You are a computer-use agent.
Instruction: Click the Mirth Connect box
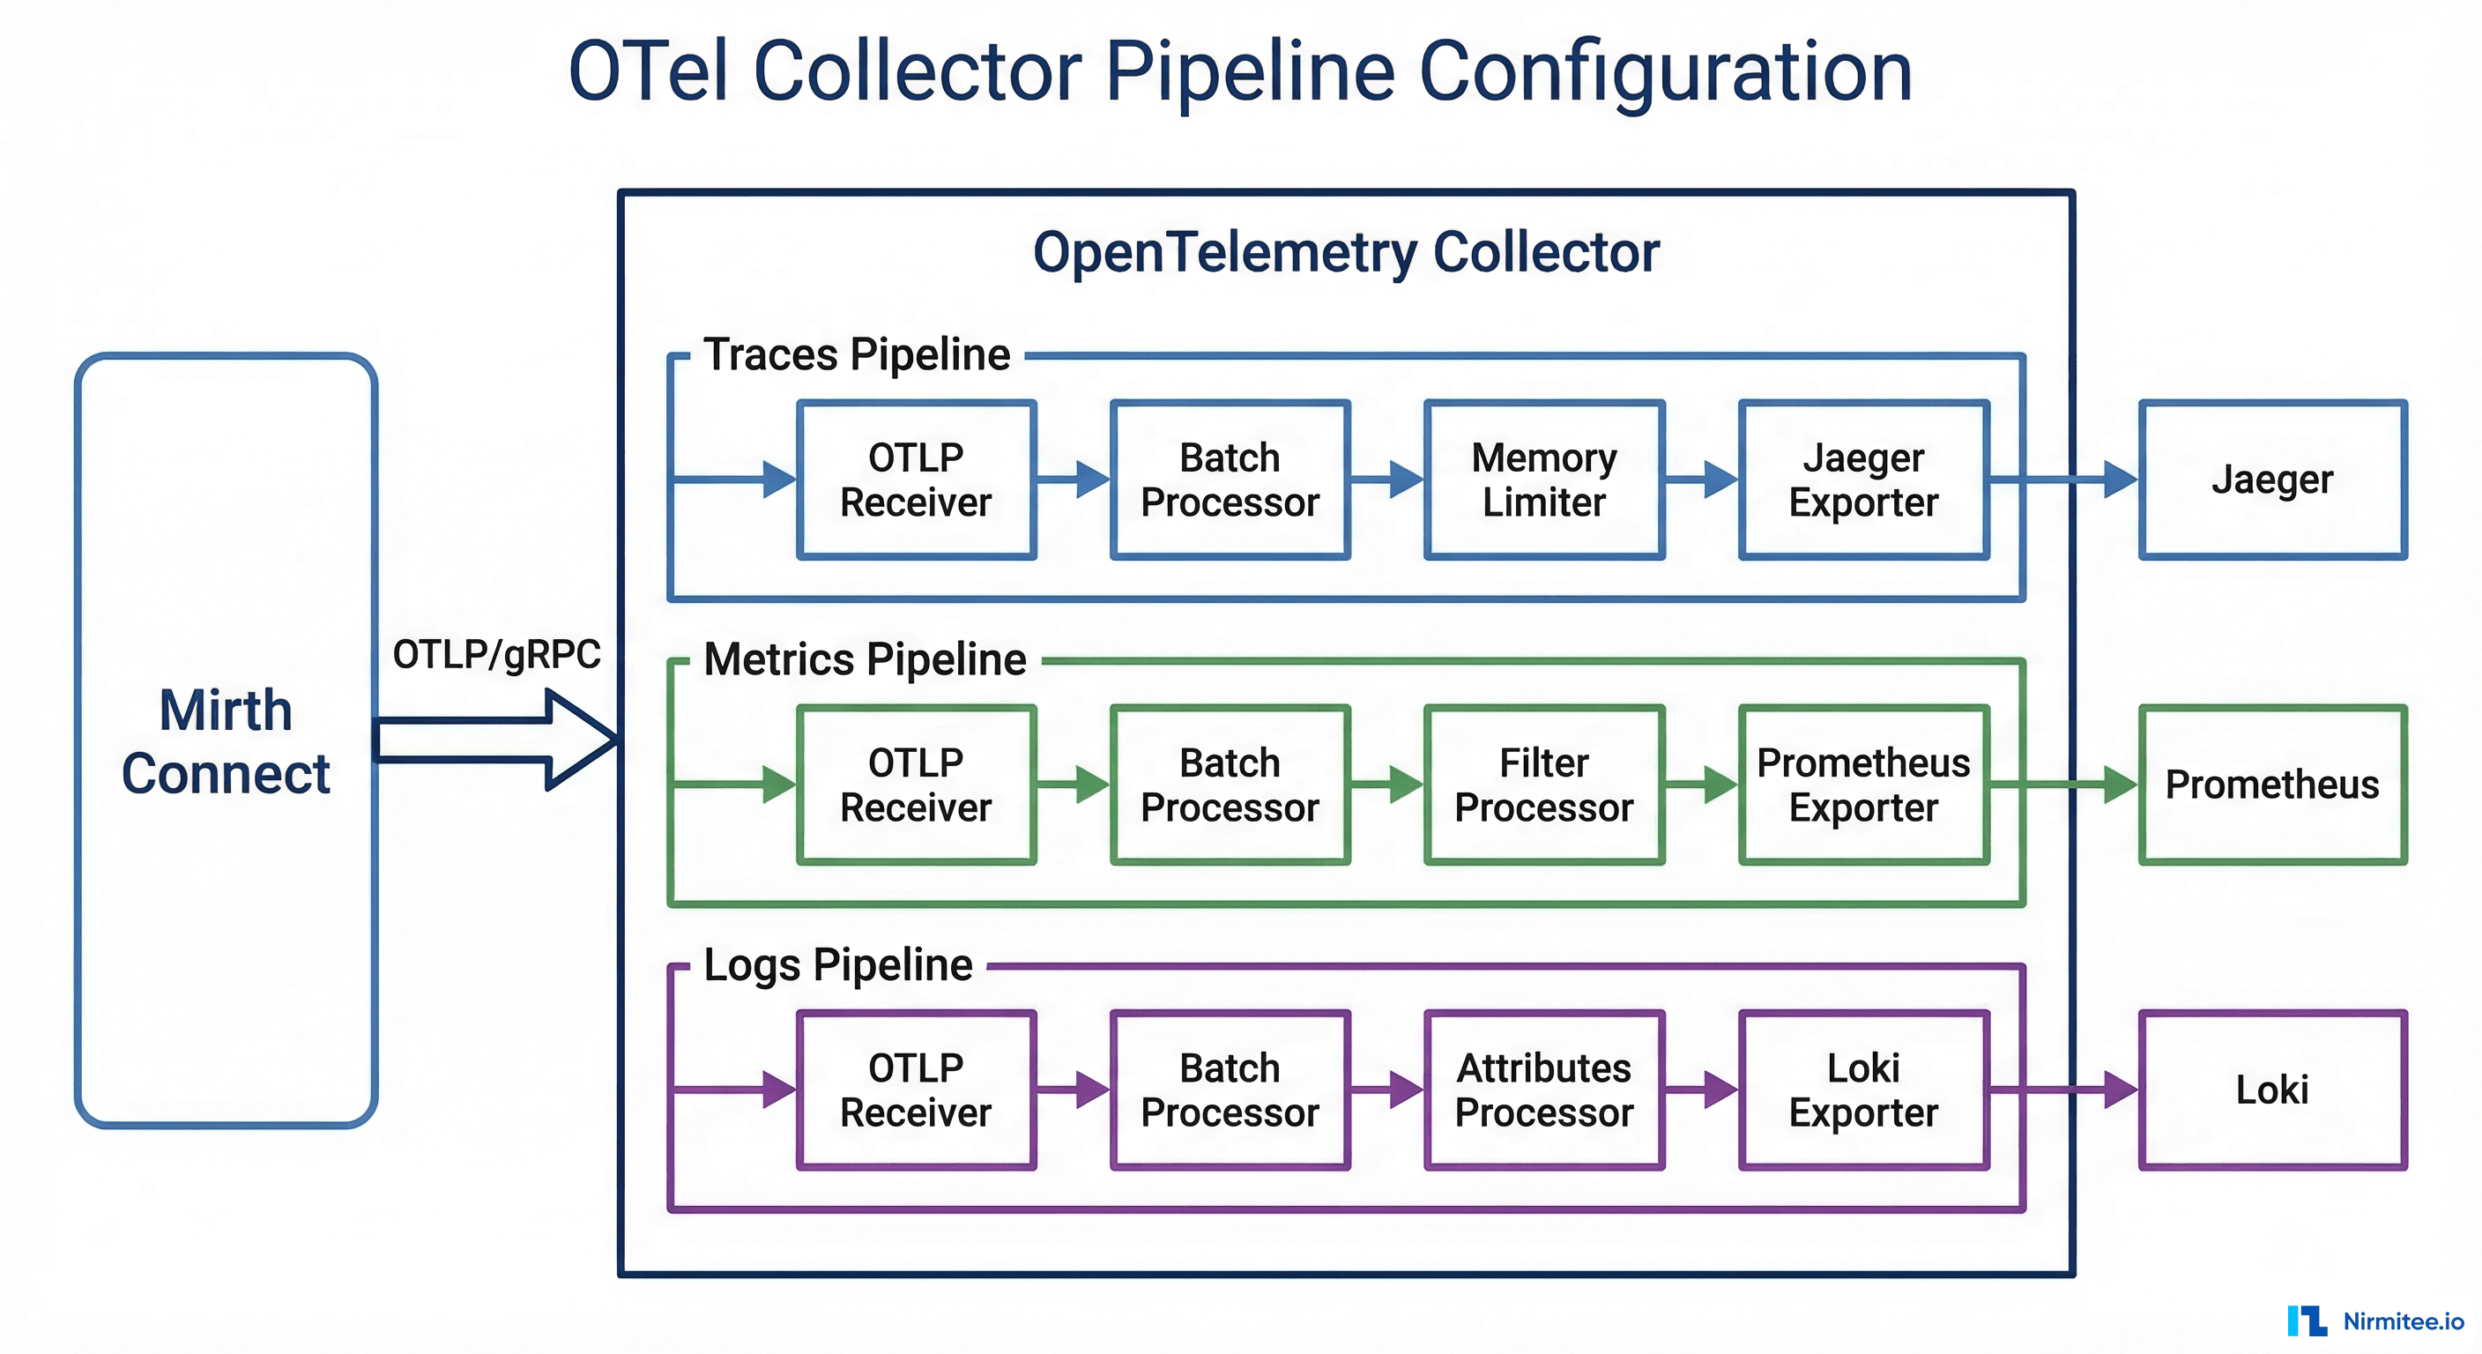226,740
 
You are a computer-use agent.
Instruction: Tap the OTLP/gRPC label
496,655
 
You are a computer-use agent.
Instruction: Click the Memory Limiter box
1543,480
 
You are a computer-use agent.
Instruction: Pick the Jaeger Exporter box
1863,480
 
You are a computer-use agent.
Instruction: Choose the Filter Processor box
1543,785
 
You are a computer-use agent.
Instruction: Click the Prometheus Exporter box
1863,785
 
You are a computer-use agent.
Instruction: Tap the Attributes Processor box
1543,1090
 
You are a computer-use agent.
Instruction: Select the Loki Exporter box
1863,1090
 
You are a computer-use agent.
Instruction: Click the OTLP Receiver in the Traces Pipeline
917,480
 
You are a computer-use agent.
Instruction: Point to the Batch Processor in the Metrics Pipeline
1230,785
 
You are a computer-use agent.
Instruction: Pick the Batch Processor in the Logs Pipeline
1230,1090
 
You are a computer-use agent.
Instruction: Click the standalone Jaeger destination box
2272,480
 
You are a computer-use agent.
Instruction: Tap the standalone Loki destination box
2272,1090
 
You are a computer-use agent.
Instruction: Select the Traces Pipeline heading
857,354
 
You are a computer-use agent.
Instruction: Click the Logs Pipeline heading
838,964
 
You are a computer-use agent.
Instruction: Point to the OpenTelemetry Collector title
1346,252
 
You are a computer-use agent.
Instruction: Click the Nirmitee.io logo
2375,1321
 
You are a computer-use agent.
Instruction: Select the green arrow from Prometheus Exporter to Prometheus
2062,785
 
